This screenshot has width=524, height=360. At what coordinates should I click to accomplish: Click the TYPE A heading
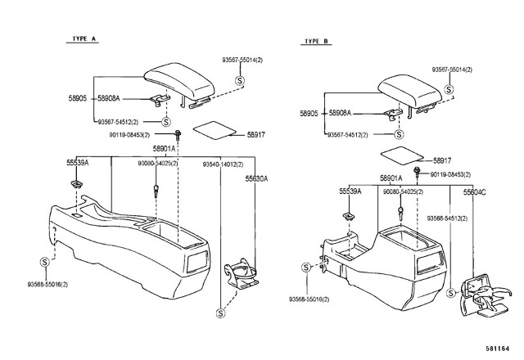[84, 38]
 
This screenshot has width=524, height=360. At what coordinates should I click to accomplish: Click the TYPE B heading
[316, 41]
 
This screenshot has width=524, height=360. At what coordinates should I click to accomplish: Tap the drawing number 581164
[498, 349]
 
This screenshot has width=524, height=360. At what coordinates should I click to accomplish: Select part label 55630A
[256, 178]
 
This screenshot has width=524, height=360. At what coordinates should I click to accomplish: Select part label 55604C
[475, 192]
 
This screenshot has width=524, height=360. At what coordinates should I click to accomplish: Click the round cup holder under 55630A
[242, 272]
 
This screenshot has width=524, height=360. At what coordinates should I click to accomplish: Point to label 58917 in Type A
[256, 135]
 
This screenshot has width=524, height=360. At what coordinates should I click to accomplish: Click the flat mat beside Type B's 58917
[402, 155]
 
